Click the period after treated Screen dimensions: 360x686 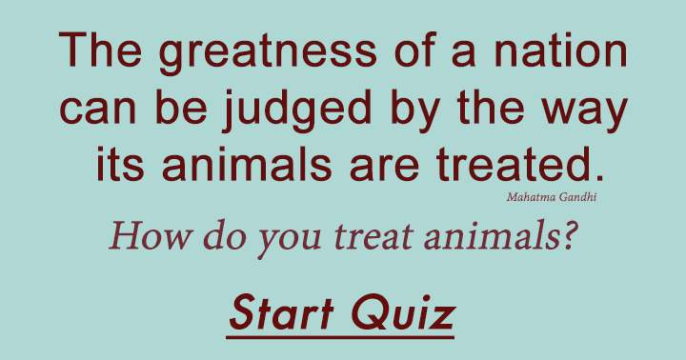[x=598, y=178]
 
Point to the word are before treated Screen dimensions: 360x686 [x=390, y=169]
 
